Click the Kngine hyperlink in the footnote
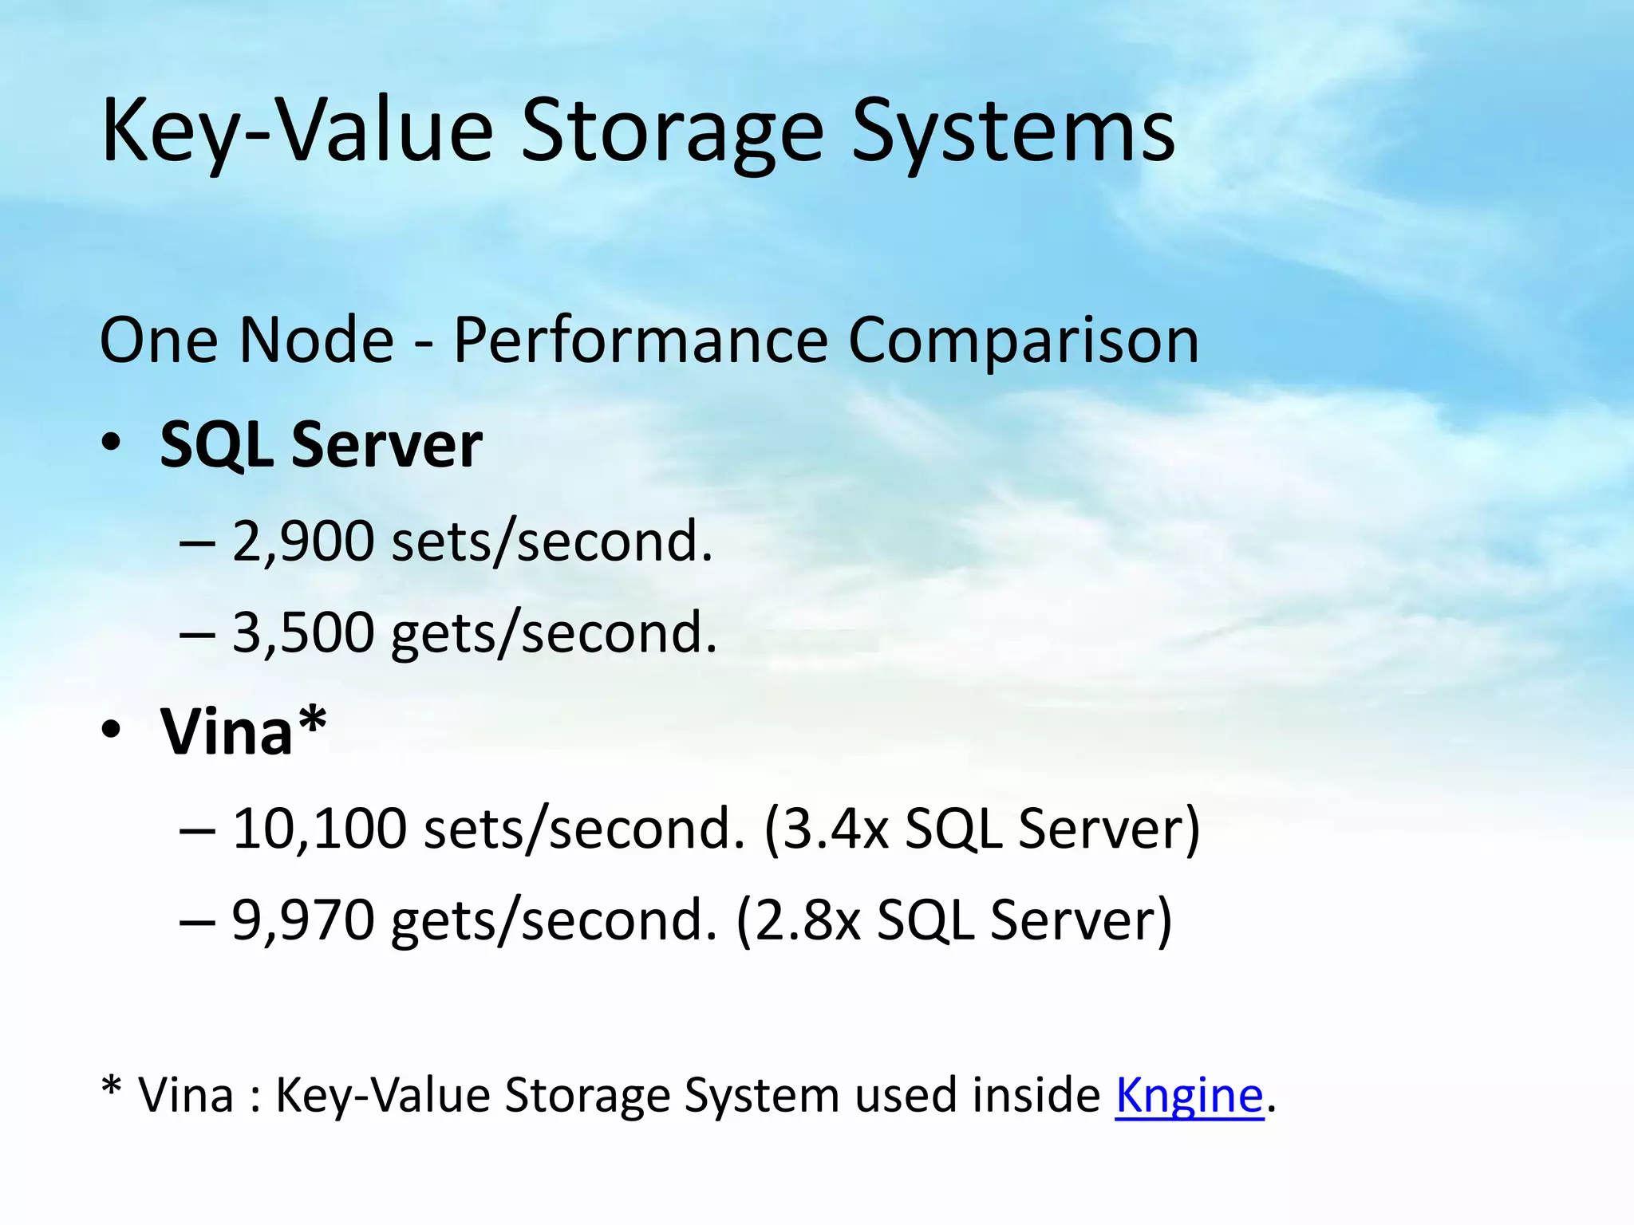coord(1189,1095)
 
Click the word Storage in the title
coord(672,132)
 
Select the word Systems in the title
coord(1013,132)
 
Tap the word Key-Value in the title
coord(298,132)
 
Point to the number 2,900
coord(303,542)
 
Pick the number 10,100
coord(319,829)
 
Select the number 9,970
coord(303,920)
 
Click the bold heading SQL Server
coord(321,444)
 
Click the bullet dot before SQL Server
coord(111,443)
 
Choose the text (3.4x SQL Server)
coord(981,829)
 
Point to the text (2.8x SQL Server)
coord(953,920)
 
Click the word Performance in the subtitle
coord(641,341)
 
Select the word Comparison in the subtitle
coord(1023,341)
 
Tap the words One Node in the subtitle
coord(247,340)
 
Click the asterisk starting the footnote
coord(112,1086)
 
